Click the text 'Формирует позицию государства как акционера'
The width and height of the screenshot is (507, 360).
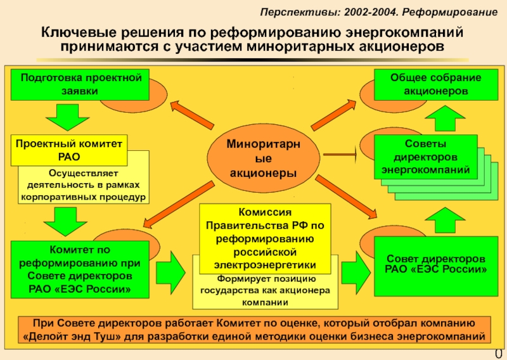coord(266,290)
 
